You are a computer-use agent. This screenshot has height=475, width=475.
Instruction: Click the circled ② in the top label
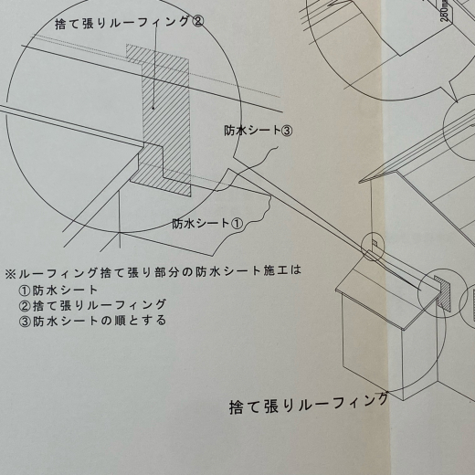(197, 22)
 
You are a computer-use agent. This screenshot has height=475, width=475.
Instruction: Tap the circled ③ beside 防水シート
(286, 131)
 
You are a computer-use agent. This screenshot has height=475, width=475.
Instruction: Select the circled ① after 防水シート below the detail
(237, 224)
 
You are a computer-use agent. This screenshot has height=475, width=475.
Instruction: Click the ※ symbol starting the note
(10, 274)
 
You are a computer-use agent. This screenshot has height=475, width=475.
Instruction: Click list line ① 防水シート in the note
(58, 290)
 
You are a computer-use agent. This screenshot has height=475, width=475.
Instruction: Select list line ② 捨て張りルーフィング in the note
(92, 305)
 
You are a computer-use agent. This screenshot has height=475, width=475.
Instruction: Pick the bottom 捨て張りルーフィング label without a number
(309, 404)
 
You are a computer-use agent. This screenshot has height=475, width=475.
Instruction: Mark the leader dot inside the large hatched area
(153, 108)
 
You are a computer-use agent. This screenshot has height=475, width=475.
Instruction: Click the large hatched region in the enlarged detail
(166, 121)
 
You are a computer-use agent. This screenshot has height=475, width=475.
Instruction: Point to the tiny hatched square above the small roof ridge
(375, 243)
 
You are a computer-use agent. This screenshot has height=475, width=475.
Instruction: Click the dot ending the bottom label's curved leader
(387, 392)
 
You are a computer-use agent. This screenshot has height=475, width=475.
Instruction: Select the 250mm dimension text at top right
(446, 12)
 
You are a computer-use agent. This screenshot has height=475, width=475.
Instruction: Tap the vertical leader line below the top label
(155, 66)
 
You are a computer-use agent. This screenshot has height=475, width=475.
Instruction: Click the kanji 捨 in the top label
(61, 25)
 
